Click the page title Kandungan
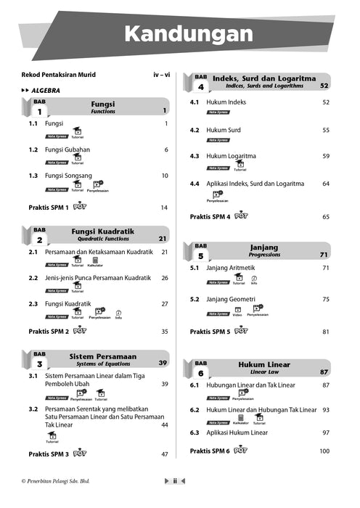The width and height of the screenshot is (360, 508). [x=188, y=34]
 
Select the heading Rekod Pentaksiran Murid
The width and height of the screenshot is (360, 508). [x=59, y=75]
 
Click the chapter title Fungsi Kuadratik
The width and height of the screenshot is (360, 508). [x=102, y=232]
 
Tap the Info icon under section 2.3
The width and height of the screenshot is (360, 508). [x=118, y=314]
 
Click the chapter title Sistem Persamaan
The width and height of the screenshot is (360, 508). [x=102, y=357]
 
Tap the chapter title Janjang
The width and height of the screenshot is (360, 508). [x=264, y=247]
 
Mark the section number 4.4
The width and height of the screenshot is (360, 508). [x=195, y=184]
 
